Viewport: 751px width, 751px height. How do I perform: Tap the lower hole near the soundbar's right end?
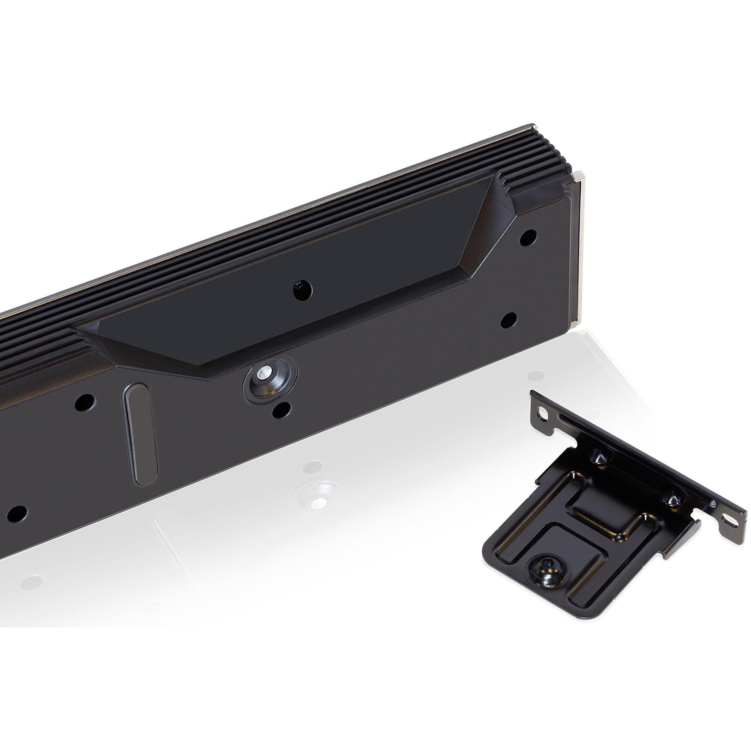pyautogui.click(x=508, y=320)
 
